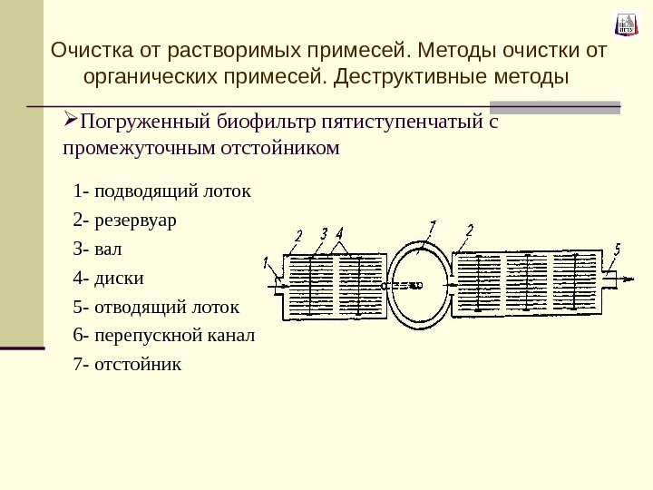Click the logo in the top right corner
(x=626, y=24)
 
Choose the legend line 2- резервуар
(x=126, y=220)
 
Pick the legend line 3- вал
(x=100, y=248)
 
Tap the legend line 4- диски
(x=108, y=277)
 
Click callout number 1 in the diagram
(x=267, y=265)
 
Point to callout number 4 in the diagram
(x=339, y=233)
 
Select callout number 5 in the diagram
(x=618, y=249)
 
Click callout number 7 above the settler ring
(x=433, y=226)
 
